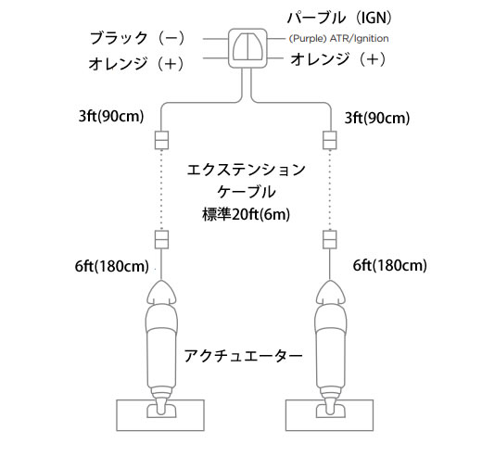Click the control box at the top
pos(247,48)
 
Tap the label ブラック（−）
pos(137,38)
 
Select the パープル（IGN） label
pos(339,18)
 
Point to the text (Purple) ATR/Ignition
pos(338,39)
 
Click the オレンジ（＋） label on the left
pos(136,64)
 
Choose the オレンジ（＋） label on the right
pos(338,59)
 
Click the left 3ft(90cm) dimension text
pos(111,117)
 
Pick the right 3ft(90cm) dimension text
pos(377,118)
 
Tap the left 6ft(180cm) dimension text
pos(112,266)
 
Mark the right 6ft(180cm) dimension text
pos(390,265)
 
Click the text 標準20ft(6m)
pos(247,214)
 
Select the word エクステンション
pos(247,170)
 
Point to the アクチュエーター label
pos(243,356)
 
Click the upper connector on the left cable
pos(161,140)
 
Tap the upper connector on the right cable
pos(330,140)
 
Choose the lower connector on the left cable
pos(161,239)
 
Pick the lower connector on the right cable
pos(330,239)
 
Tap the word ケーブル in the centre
pos(247,192)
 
